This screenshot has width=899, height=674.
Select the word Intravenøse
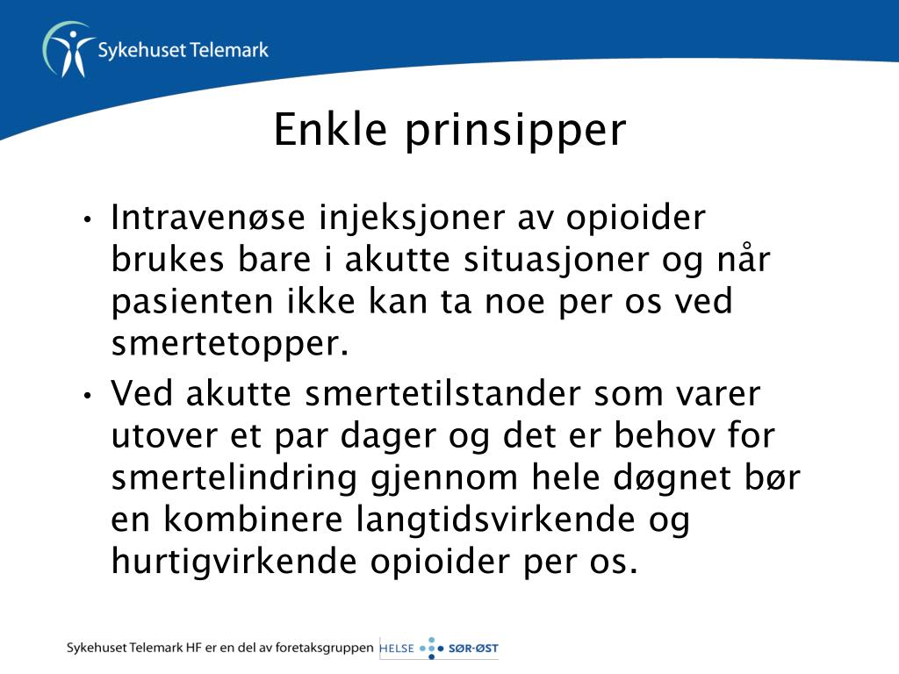coord(207,218)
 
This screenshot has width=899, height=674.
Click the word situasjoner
coord(556,259)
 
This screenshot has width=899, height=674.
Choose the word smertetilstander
coord(442,394)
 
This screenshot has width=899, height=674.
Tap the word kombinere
coord(253,520)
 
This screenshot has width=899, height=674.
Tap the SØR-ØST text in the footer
coord(473,649)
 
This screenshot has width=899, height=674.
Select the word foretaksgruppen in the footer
coord(325,649)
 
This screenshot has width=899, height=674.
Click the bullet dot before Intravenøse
coord(87,219)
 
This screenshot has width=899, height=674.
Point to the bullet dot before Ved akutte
coord(87,396)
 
